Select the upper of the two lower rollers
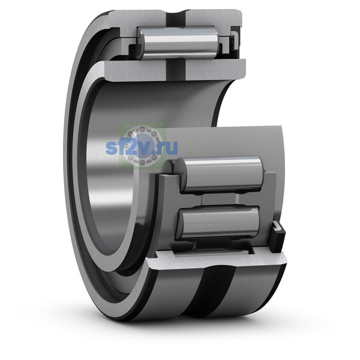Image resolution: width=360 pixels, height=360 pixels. click(x=220, y=175)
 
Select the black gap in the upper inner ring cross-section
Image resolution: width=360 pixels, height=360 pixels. click(x=176, y=70)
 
